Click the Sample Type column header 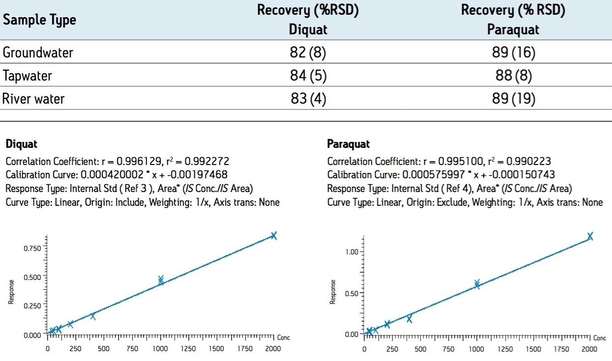[39, 20]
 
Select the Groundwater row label [38, 53]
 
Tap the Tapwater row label [27, 76]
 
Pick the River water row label [33, 99]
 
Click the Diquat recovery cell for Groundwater [308, 53]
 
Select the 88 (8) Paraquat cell [513, 76]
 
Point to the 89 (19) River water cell [513, 99]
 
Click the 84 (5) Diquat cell [308, 76]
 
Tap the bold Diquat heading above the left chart [21, 144]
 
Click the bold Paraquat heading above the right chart [348, 144]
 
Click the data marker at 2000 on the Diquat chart [274, 236]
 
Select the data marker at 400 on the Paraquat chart [409, 319]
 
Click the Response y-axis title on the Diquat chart [11, 292]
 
